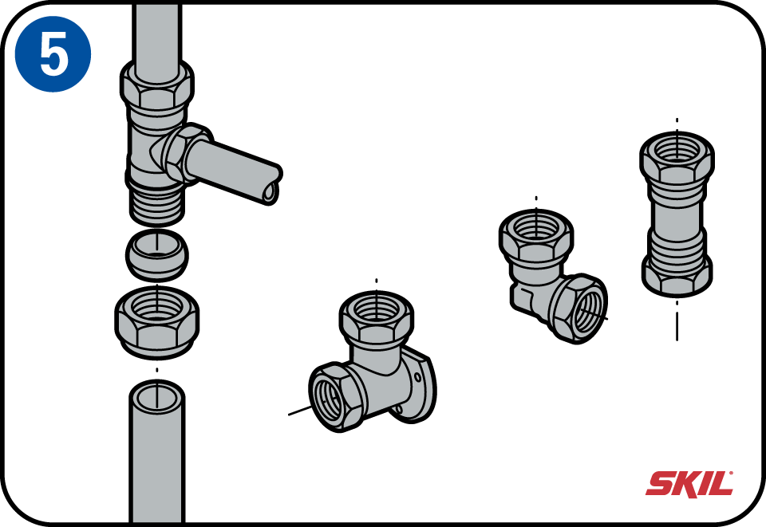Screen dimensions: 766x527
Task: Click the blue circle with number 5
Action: coord(53,53)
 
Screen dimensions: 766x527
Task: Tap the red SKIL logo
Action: coord(689,484)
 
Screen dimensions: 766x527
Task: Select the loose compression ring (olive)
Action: coord(157,254)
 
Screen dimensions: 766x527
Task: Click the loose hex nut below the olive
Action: coord(157,323)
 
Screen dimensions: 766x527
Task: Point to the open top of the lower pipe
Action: coord(157,397)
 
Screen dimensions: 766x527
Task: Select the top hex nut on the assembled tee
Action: coord(157,88)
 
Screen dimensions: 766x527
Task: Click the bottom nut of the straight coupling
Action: coord(677,274)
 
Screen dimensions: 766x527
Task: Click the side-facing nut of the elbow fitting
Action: coord(579,309)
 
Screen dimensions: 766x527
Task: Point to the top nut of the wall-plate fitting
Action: coord(377,320)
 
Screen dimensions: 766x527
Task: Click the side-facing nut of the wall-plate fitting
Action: coord(335,398)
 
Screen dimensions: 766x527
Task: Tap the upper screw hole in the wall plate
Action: coord(417,376)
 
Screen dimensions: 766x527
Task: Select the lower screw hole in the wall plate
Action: coord(400,409)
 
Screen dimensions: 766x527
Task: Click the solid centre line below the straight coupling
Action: coord(677,326)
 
